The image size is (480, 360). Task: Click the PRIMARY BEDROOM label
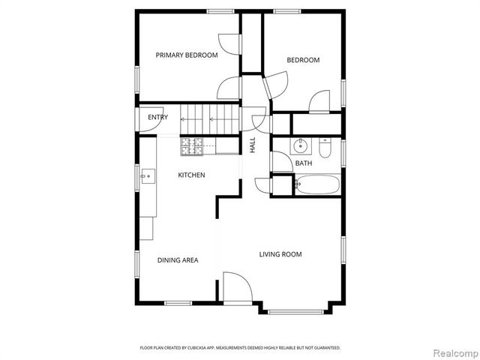[187, 55]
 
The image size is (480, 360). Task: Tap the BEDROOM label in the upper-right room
[303, 60]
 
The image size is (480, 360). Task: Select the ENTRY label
[157, 118]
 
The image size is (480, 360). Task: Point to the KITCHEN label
[191, 175]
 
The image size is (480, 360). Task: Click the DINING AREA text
[178, 260]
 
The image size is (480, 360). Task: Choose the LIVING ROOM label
[280, 254]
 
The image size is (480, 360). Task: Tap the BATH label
[304, 163]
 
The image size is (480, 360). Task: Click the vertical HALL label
[253, 145]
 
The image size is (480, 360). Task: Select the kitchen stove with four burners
[190, 146]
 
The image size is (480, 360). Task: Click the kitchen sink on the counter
[147, 177]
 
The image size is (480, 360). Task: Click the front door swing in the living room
[235, 288]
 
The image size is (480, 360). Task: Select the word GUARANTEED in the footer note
[325, 348]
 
